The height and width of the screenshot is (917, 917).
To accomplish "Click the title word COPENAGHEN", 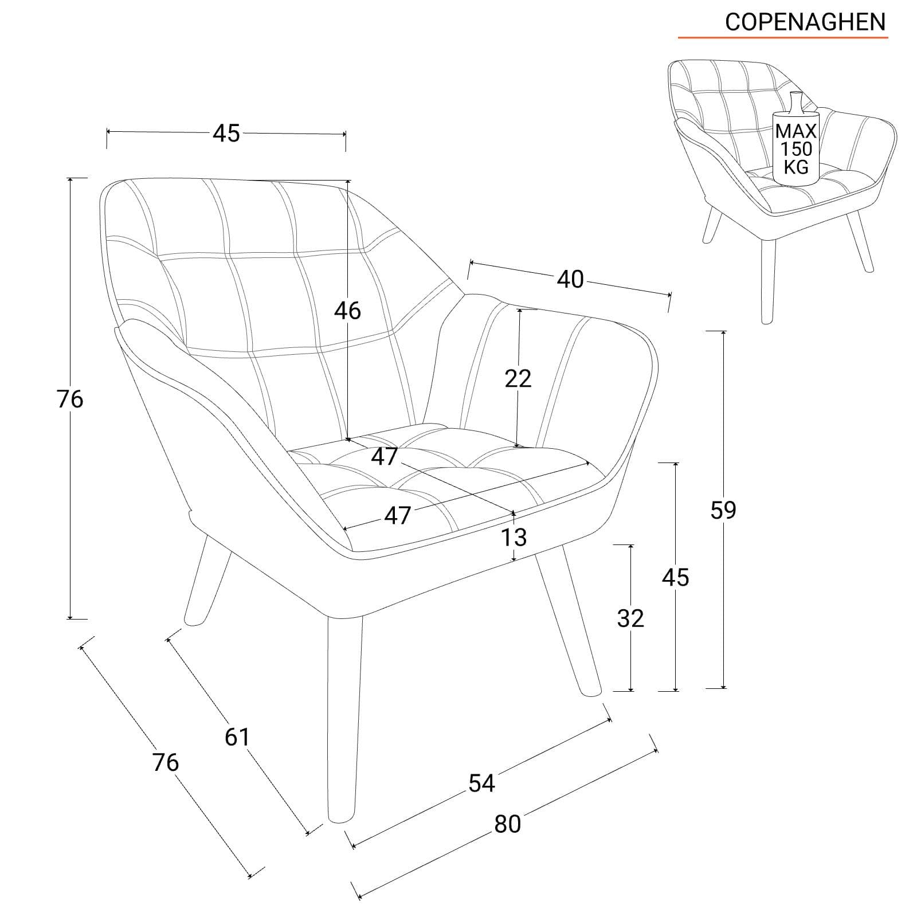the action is [805, 22].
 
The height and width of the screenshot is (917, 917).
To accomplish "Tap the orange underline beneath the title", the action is [783, 38].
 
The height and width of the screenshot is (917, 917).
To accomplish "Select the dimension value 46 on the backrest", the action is [348, 311].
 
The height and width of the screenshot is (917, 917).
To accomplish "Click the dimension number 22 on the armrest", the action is [518, 378].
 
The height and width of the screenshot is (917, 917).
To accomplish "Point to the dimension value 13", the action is [514, 538].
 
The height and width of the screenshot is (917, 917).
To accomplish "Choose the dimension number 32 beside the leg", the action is [630, 618].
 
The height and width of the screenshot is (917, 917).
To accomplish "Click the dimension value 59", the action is [723, 510].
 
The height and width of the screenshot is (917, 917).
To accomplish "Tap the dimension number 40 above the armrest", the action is [570, 280].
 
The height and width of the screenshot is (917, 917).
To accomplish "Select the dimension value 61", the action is [237, 737].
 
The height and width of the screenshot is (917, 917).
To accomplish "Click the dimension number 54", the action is [481, 783].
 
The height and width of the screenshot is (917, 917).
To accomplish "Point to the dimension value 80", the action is [507, 824].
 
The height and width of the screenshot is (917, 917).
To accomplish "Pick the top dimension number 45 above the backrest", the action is [226, 134].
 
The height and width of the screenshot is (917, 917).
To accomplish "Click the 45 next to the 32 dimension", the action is [675, 578].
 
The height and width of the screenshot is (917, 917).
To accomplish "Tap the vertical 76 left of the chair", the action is [70, 399].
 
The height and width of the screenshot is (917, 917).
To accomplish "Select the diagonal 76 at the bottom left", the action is [166, 762].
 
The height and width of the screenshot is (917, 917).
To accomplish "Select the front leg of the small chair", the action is [768, 280].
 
